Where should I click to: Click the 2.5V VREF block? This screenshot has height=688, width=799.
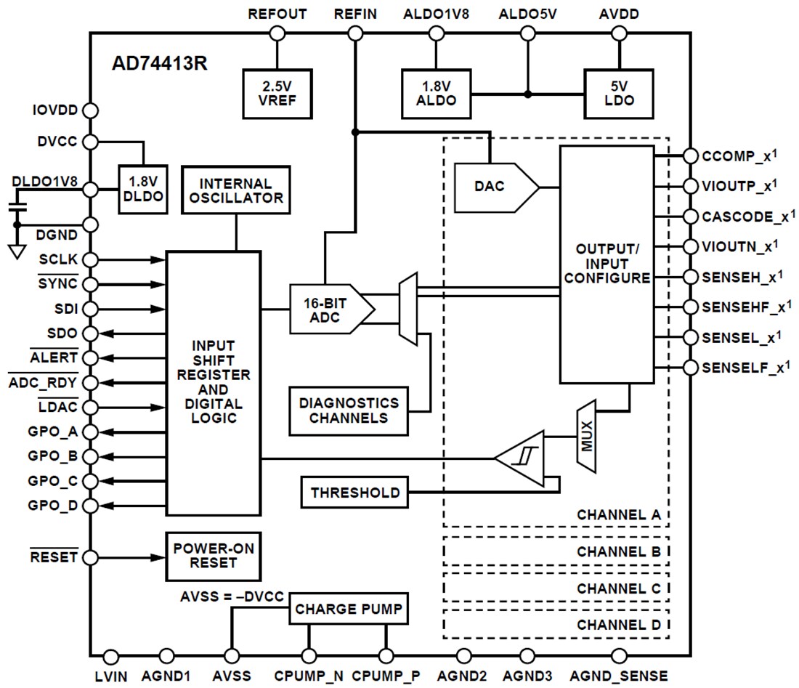(276, 94)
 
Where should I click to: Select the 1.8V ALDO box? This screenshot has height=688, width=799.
(436, 94)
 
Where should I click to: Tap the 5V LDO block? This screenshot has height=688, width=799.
(619, 94)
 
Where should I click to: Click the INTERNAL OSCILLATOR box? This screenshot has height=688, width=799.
(235, 190)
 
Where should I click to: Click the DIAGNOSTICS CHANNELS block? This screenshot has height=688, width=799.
(348, 410)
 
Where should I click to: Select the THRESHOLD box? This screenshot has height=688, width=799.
(354, 493)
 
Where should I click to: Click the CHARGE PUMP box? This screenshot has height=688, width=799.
(348, 609)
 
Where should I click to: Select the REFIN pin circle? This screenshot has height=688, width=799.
(354, 33)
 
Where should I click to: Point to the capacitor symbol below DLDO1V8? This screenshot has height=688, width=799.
(17, 209)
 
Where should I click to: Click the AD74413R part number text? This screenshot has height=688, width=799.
(160, 63)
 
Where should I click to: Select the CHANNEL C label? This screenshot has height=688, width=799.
(618, 588)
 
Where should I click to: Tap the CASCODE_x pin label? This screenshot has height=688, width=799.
(745, 216)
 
